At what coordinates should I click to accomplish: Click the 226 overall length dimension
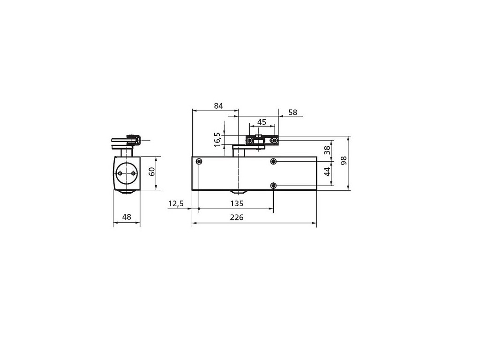(237, 217)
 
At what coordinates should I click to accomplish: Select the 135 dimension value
(237, 203)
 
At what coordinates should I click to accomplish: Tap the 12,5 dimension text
(176, 203)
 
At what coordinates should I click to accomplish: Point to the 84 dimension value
(218, 106)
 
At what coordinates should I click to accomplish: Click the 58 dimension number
(293, 112)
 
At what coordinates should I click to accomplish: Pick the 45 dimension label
(262, 122)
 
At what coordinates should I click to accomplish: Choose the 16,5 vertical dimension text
(217, 140)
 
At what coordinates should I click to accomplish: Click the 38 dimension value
(327, 150)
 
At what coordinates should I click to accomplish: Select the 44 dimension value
(327, 172)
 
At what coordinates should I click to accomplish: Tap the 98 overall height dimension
(344, 160)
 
